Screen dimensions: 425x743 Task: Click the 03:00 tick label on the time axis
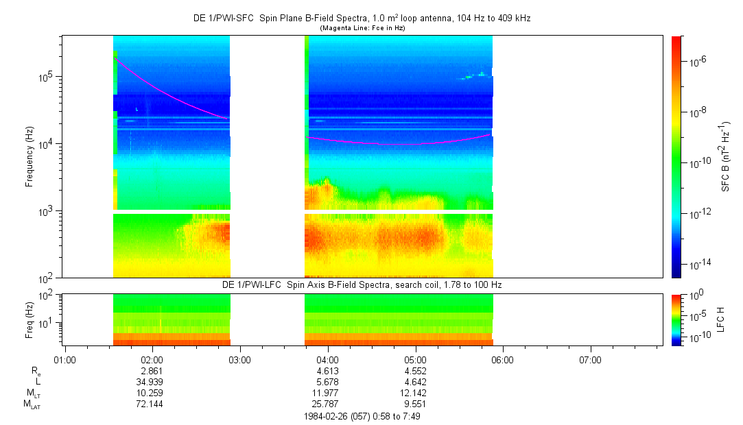click(x=239, y=359)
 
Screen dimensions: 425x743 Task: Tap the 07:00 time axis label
click(x=590, y=359)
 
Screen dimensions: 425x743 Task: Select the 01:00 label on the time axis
click(x=64, y=359)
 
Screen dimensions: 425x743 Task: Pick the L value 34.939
click(x=152, y=381)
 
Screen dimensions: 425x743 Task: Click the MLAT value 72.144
click(x=152, y=403)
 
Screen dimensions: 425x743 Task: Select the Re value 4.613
click(x=327, y=370)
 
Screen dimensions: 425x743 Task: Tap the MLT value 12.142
click(x=415, y=392)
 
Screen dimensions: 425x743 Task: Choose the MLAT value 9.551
click(x=415, y=403)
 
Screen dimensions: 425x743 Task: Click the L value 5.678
click(x=327, y=381)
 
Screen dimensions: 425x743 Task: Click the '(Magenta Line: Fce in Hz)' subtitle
click(x=362, y=28)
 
